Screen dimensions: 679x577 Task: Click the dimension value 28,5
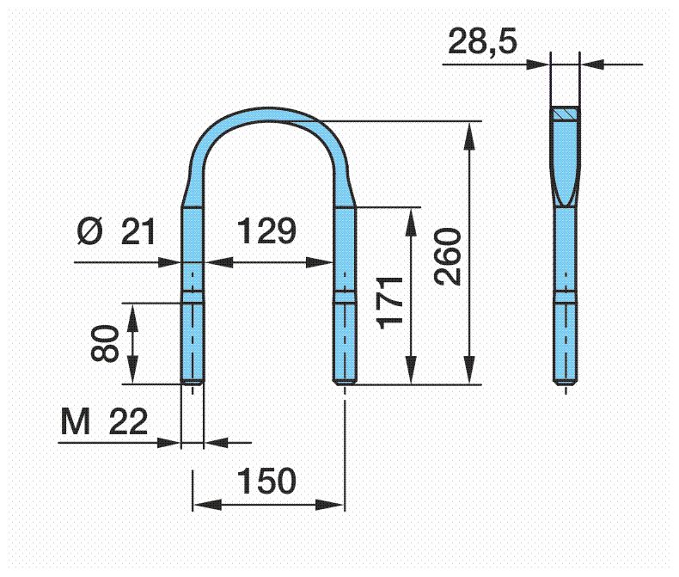pos(482,41)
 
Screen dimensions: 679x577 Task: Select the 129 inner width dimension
pos(266,231)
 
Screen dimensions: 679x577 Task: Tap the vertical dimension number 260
pos(448,256)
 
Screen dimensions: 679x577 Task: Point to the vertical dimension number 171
pos(389,302)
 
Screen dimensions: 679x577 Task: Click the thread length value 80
pos(105,343)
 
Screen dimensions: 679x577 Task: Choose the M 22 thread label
pos(104,421)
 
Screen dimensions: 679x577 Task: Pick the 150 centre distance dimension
pos(266,481)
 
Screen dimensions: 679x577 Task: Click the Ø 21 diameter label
pos(116,232)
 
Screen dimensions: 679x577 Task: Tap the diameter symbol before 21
pos(90,232)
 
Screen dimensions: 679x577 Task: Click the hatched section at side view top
pos(565,114)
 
